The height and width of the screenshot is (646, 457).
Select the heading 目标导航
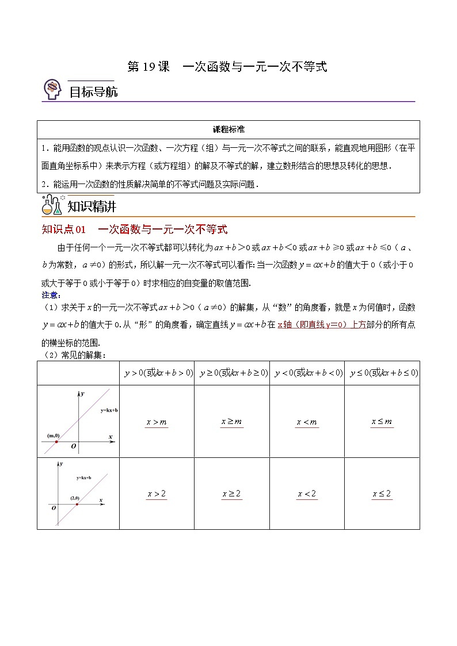coord(93,91)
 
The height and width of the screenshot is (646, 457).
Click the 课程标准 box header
coord(228,129)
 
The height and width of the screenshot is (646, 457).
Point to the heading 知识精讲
coord(92,206)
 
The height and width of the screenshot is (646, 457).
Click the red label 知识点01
coord(64,230)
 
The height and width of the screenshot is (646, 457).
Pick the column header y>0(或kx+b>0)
coord(157,373)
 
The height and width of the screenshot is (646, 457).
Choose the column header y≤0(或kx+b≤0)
coord(382,373)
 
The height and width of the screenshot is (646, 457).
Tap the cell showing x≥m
coord(232,422)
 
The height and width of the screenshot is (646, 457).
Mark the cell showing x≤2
coord(382,494)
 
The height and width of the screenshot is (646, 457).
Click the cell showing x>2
coord(157,494)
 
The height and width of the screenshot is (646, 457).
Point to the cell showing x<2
coord(307,494)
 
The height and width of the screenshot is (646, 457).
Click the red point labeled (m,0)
coord(56,441)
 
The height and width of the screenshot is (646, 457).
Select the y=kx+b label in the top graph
coord(109,410)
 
